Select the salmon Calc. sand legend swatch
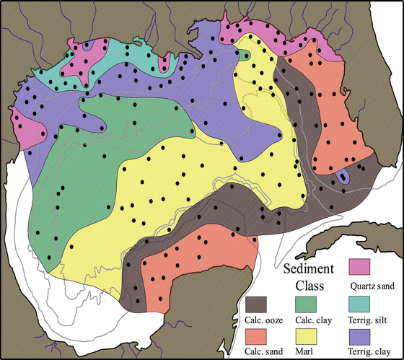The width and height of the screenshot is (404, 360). tap(256, 337)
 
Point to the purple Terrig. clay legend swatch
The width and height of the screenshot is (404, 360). tap(359, 337)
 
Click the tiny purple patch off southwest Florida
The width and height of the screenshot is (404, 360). tap(344, 175)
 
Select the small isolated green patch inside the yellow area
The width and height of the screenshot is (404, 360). tap(246, 56)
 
